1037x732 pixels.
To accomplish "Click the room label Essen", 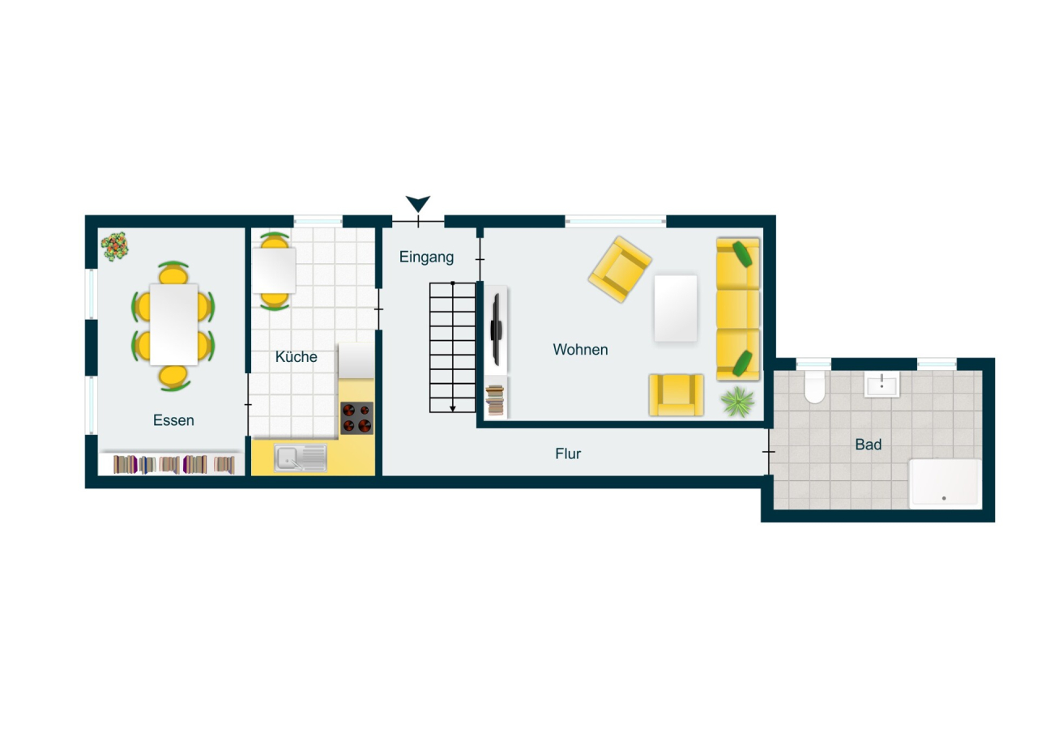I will click(x=173, y=420).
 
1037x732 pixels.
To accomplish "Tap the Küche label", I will click(x=296, y=357).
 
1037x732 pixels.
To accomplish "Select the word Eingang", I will click(x=426, y=257).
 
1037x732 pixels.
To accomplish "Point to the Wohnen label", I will click(x=580, y=350).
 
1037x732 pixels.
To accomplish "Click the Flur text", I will click(x=568, y=454).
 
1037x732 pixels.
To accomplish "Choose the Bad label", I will click(x=868, y=445).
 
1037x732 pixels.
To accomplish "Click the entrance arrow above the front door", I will click(x=418, y=204).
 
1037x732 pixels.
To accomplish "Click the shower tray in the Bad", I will click(x=945, y=483).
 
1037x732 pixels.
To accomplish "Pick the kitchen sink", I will click(x=300, y=458).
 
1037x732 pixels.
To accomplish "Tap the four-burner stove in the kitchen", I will click(x=356, y=418).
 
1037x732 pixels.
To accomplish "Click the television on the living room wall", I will click(x=496, y=329).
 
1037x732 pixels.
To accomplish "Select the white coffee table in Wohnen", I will click(x=675, y=309).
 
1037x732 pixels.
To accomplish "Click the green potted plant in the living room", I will click(x=737, y=401).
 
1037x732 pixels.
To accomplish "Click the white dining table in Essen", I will click(x=173, y=325).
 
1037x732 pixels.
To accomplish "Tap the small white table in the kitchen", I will click(x=274, y=270).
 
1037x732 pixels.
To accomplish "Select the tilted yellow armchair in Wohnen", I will click(x=620, y=269).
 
